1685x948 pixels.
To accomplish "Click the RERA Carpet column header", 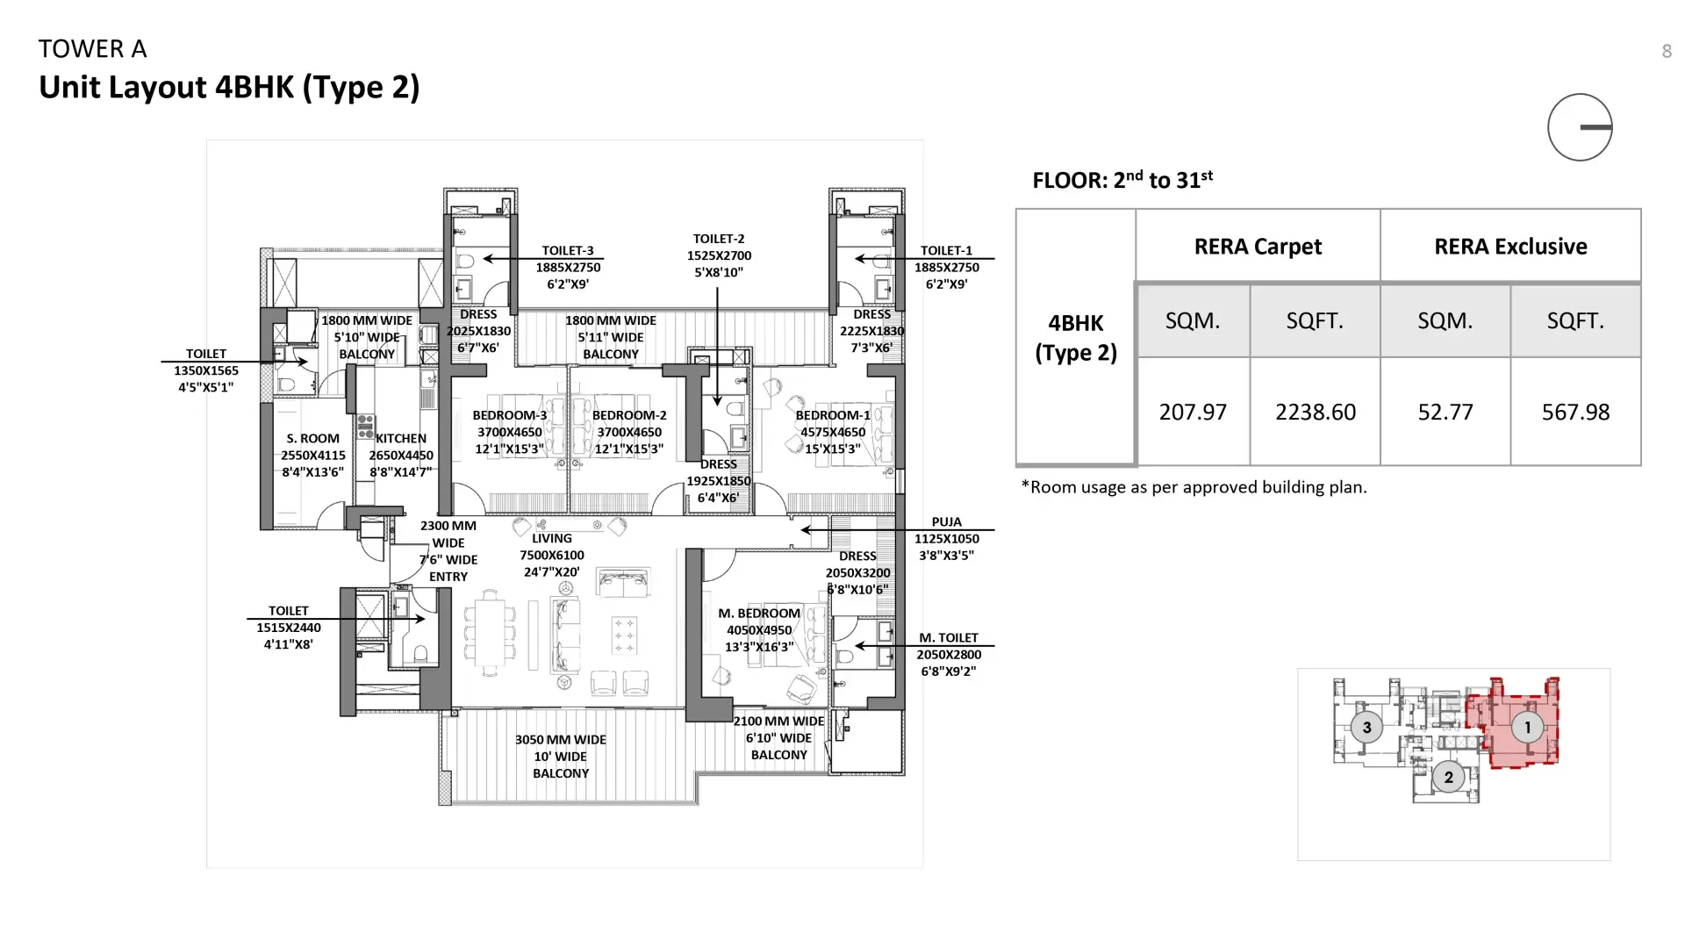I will [x=1257, y=247].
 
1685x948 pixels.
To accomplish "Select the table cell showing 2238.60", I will [x=1315, y=412].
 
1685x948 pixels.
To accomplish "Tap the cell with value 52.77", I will [x=1445, y=412].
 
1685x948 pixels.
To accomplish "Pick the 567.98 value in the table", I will [x=1575, y=412].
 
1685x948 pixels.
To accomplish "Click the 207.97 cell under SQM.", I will [x=1192, y=412].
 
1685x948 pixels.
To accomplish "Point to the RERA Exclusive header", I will [x=1509, y=247].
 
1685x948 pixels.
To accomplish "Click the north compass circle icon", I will [x=1580, y=127].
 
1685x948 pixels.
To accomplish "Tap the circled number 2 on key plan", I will [x=1448, y=777].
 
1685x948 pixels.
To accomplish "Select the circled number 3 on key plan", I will [x=1366, y=728].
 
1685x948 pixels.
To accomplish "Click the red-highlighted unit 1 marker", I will [x=1527, y=728].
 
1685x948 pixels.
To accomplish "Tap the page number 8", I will [x=1666, y=52].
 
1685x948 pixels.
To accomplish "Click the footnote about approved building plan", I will [x=1194, y=487].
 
